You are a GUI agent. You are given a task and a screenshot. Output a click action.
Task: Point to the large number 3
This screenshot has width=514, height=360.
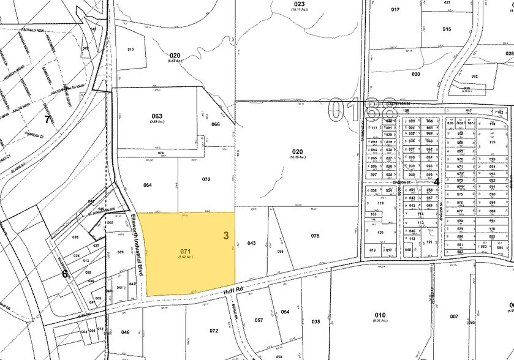[x=226, y=235]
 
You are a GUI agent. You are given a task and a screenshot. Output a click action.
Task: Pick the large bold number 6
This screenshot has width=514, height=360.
[x=65, y=274]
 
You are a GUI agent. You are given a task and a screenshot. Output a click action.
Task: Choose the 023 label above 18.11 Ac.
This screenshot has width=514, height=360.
[x=300, y=4]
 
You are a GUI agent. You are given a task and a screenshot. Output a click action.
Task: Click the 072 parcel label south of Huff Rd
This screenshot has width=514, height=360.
[x=213, y=331]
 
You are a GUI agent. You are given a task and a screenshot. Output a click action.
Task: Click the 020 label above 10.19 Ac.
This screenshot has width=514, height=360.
[x=297, y=151]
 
